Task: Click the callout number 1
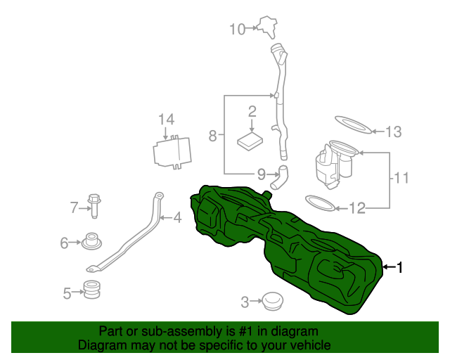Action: click(x=400, y=267)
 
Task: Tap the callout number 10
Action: click(x=237, y=29)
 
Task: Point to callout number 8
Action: click(x=212, y=135)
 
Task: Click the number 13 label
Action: click(x=393, y=131)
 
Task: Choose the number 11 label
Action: click(x=401, y=178)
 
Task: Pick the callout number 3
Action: click(x=245, y=302)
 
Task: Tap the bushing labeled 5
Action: click(x=91, y=289)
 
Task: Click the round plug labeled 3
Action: click(x=271, y=302)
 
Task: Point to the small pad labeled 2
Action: click(x=250, y=140)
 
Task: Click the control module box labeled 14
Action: click(x=173, y=152)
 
